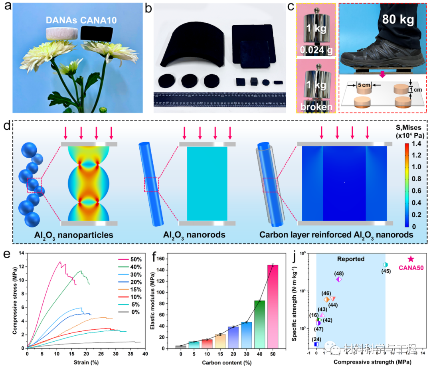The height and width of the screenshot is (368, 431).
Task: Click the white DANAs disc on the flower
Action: tap(61, 33)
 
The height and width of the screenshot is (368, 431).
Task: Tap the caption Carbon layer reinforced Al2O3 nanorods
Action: tap(336, 235)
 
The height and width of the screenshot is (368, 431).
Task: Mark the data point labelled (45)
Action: tap(385, 265)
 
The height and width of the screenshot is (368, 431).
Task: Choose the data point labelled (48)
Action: tap(339, 279)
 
